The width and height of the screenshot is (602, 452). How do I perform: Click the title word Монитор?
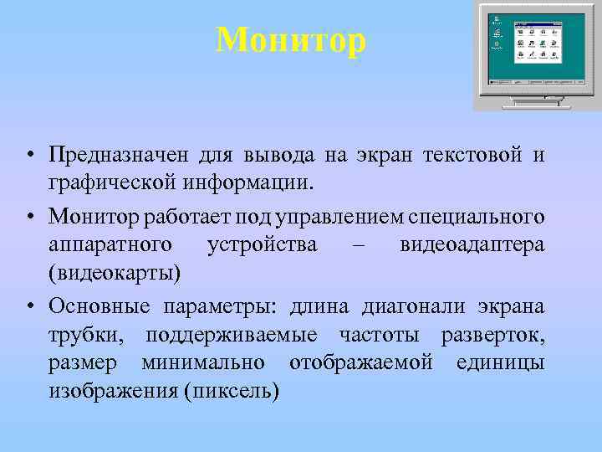291,39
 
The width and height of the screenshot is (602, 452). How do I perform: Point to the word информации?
257,181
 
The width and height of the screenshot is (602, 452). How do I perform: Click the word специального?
477,217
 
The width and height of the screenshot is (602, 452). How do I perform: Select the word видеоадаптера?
472,244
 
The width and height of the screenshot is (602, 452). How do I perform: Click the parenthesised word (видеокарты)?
115,273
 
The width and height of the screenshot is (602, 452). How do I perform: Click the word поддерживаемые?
232,335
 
